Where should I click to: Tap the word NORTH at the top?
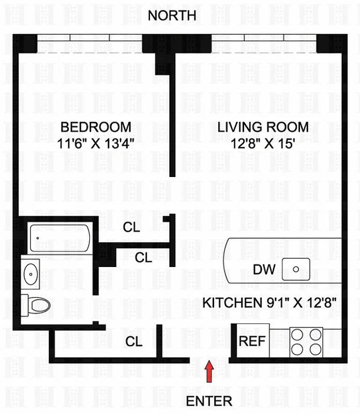pyautogui.click(x=172, y=16)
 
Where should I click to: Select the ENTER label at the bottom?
pyautogui.click(x=209, y=401)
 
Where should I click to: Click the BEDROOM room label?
pyautogui.click(x=96, y=127)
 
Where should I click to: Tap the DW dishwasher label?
pyautogui.click(x=264, y=269)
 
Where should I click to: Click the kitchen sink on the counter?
pyautogui.click(x=296, y=269)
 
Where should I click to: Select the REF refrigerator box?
pyautogui.click(x=252, y=341)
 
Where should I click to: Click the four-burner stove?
pyautogui.click(x=305, y=341)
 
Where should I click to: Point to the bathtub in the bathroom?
pyautogui.click(x=59, y=238)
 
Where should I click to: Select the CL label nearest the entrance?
pyautogui.click(x=134, y=341)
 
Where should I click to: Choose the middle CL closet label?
pyautogui.click(x=143, y=257)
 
